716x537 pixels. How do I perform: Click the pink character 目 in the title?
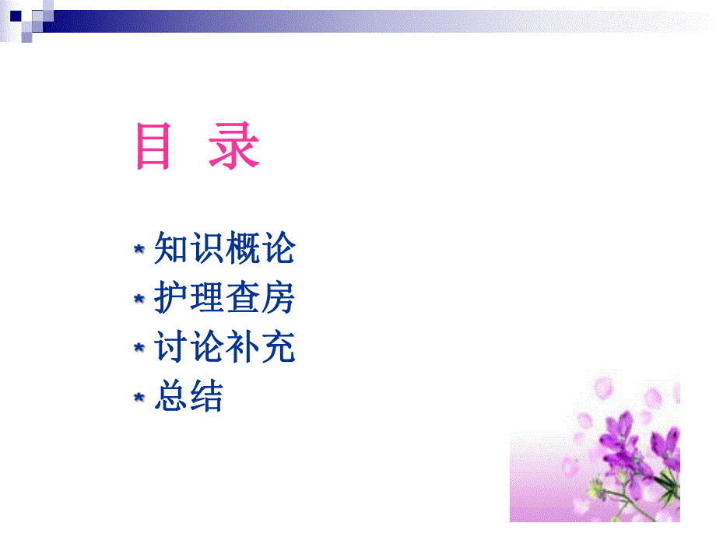click(x=153, y=146)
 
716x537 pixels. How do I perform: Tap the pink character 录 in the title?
click(x=233, y=146)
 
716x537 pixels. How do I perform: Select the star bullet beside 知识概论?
click(x=139, y=250)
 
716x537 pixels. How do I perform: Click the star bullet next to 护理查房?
click(x=139, y=299)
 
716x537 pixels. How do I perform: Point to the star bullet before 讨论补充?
click(x=139, y=348)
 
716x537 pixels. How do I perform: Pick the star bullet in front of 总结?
click(x=139, y=397)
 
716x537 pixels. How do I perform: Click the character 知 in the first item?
click(x=171, y=249)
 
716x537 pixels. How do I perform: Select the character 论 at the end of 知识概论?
click(x=278, y=249)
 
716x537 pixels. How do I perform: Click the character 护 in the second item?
click(x=171, y=298)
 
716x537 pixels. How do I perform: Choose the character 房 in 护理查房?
click(x=278, y=298)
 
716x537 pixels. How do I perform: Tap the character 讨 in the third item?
click(x=171, y=347)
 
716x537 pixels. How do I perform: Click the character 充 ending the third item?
click(x=278, y=347)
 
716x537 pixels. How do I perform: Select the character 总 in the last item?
click(x=171, y=396)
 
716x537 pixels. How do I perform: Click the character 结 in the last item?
click(x=206, y=396)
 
